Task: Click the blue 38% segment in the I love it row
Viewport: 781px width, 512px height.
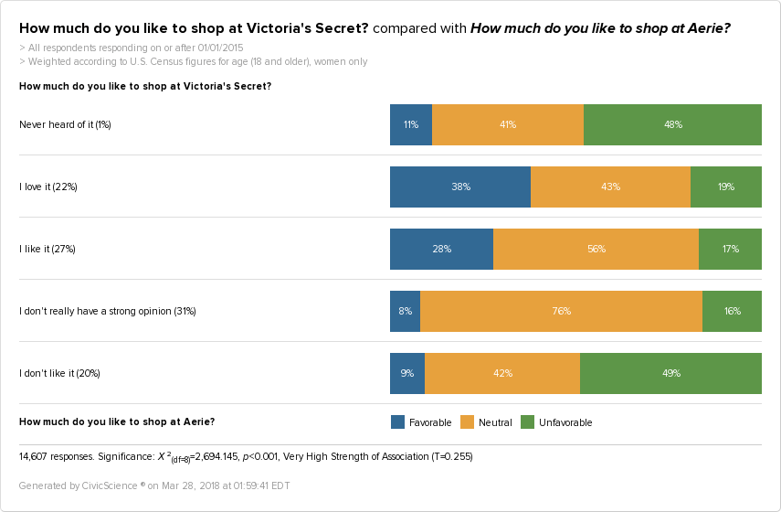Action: pyautogui.click(x=460, y=187)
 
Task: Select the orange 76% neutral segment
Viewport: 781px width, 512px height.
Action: pyautogui.click(x=561, y=311)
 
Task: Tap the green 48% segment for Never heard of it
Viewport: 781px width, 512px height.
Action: pyautogui.click(x=672, y=124)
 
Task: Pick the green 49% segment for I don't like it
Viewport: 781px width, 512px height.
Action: pyautogui.click(x=670, y=373)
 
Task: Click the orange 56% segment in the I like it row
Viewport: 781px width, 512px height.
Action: pyautogui.click(x=596, y=249)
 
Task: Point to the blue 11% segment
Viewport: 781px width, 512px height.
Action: pyautogui.click(x=411, y=124)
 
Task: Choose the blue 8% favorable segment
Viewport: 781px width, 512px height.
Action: pyautogui.click(x=405, y=311)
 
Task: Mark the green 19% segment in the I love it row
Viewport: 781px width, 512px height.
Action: pyautogui.click(x=726, y=187)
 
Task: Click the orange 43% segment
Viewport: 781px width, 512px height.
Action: pyautogui.click(x=610, y=187)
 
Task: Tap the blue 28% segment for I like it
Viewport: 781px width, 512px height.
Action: pyautogui.click(x=441, y=249)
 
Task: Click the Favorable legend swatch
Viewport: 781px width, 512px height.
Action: pyautogui.click(x=397, y=422)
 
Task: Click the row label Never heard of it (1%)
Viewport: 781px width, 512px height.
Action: pyautogui.click(x=65, y=124)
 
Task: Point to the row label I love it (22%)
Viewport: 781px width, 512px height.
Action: pyautogui.click(x=48, y=187)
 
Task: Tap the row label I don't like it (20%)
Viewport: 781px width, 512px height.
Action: pyautogui.click(x=59, y=373)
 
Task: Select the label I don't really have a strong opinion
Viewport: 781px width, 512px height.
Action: pyautogui.click(x=108, y=311)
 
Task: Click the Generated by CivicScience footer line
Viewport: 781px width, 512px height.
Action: pyautogui.click(x=154, y=485)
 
